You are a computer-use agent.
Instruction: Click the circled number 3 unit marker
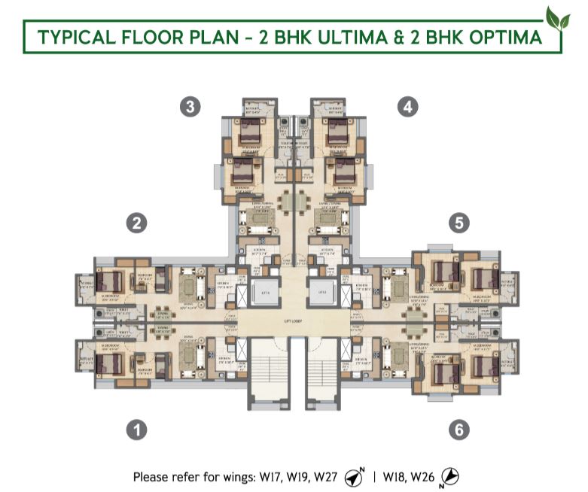(x=190, y=107)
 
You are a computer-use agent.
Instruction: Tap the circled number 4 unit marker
(x=407, y=107)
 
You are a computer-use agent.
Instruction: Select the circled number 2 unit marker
(x=136, y=223)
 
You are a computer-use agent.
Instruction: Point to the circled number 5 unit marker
(x=459, y=223)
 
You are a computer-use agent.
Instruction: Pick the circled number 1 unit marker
(x=136, y=430)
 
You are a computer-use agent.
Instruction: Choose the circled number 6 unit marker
(x=459, y=430)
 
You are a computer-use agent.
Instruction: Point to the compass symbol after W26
(x=449, y=477)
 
